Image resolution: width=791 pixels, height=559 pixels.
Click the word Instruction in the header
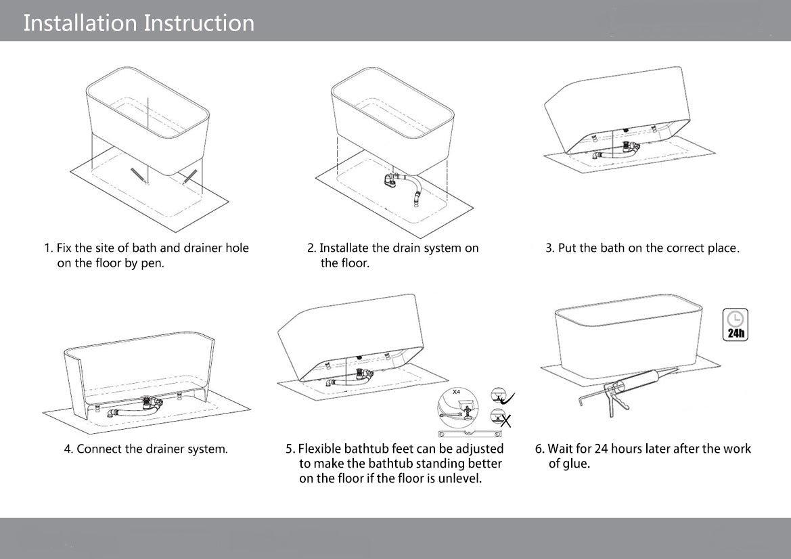tap(199, 23)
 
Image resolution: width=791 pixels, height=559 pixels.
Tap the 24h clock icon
tap(736, 324)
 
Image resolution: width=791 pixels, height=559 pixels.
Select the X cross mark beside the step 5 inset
tap(503, 420)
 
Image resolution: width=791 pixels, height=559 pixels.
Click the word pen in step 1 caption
tap(153, 263)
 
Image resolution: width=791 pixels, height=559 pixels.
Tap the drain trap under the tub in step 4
tap(148, 405)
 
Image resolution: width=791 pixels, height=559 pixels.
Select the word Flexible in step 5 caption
tap(320, 449)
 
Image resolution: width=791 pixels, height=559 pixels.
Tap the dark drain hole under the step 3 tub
tap(626, 129)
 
